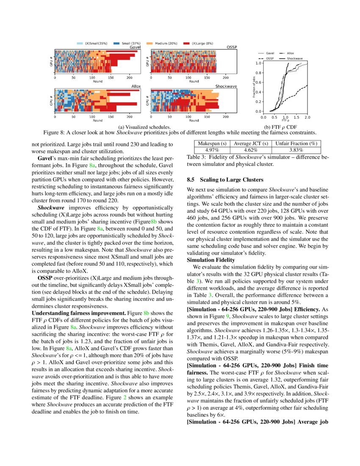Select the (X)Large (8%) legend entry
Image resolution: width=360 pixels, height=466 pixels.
click(198, 44)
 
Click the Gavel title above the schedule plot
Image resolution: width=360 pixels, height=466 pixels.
click(135, 47)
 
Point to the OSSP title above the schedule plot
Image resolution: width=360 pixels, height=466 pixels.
click(232, 47)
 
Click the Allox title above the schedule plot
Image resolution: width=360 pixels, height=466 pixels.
click(136, 86)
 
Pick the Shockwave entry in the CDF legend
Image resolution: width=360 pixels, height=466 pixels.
click(294, 58)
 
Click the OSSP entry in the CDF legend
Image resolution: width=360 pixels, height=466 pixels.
click(270, 58)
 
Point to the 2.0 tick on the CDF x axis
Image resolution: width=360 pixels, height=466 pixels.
click(307, 117)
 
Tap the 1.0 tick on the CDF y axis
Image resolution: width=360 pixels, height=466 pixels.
click(258, 63)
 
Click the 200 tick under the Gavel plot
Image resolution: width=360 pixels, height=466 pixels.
click(130, 78)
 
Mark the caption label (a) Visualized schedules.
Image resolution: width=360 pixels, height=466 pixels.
click(145, 127)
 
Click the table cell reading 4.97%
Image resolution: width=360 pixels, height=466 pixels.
click(211, 150)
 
